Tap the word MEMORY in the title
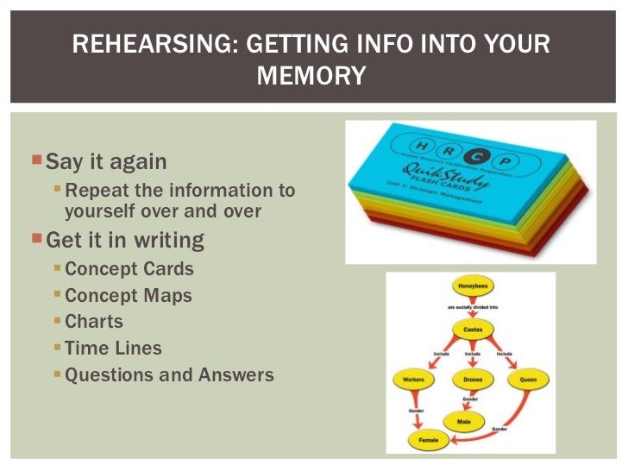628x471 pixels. (x=311, y=77)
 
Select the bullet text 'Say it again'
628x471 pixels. (x=106, y=161)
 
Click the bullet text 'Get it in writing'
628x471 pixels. (x=124, y=239)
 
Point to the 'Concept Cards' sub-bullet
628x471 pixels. (x=129, y=268)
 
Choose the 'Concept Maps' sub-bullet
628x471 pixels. (x=129, y=295)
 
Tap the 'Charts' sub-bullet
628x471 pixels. (x=94, y=322)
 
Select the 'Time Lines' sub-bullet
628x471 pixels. (x=113, y=349)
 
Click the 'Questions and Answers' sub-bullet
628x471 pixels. (x=169, y=375)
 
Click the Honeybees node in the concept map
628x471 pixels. (x=473, y=286)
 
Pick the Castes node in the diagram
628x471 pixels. (x=473, y=330)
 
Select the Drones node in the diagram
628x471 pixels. (x=472, y=379)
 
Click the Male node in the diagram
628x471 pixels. (x=465, y=421)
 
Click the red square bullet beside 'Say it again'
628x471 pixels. (x=36, y=161)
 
